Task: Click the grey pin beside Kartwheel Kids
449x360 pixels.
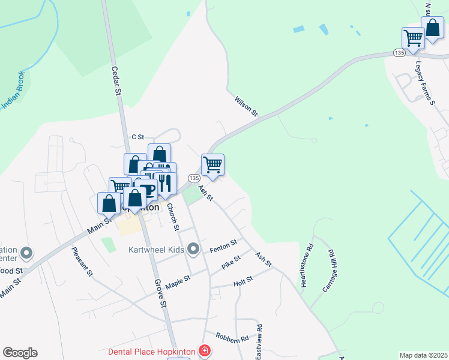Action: pyautogui.click(x=193, y=248)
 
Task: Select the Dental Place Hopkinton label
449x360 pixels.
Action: pyautogui.click(x=153, y=350)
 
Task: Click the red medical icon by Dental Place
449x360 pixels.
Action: pyautogui.click(x=205, y=350)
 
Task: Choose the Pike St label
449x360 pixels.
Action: pyautogui.click(x=231, y=262)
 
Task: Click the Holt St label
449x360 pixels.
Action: pyautogui.click(x=243, y=280)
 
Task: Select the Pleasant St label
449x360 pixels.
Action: pyautogui.click(x=82, y=262)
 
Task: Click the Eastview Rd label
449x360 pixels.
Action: pyautogui.click(x=259, y=343)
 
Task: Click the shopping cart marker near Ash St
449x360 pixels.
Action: pyautogui.click(x=212, y=164)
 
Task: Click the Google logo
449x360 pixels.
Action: pyautogui.click(x=20, y=353)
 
